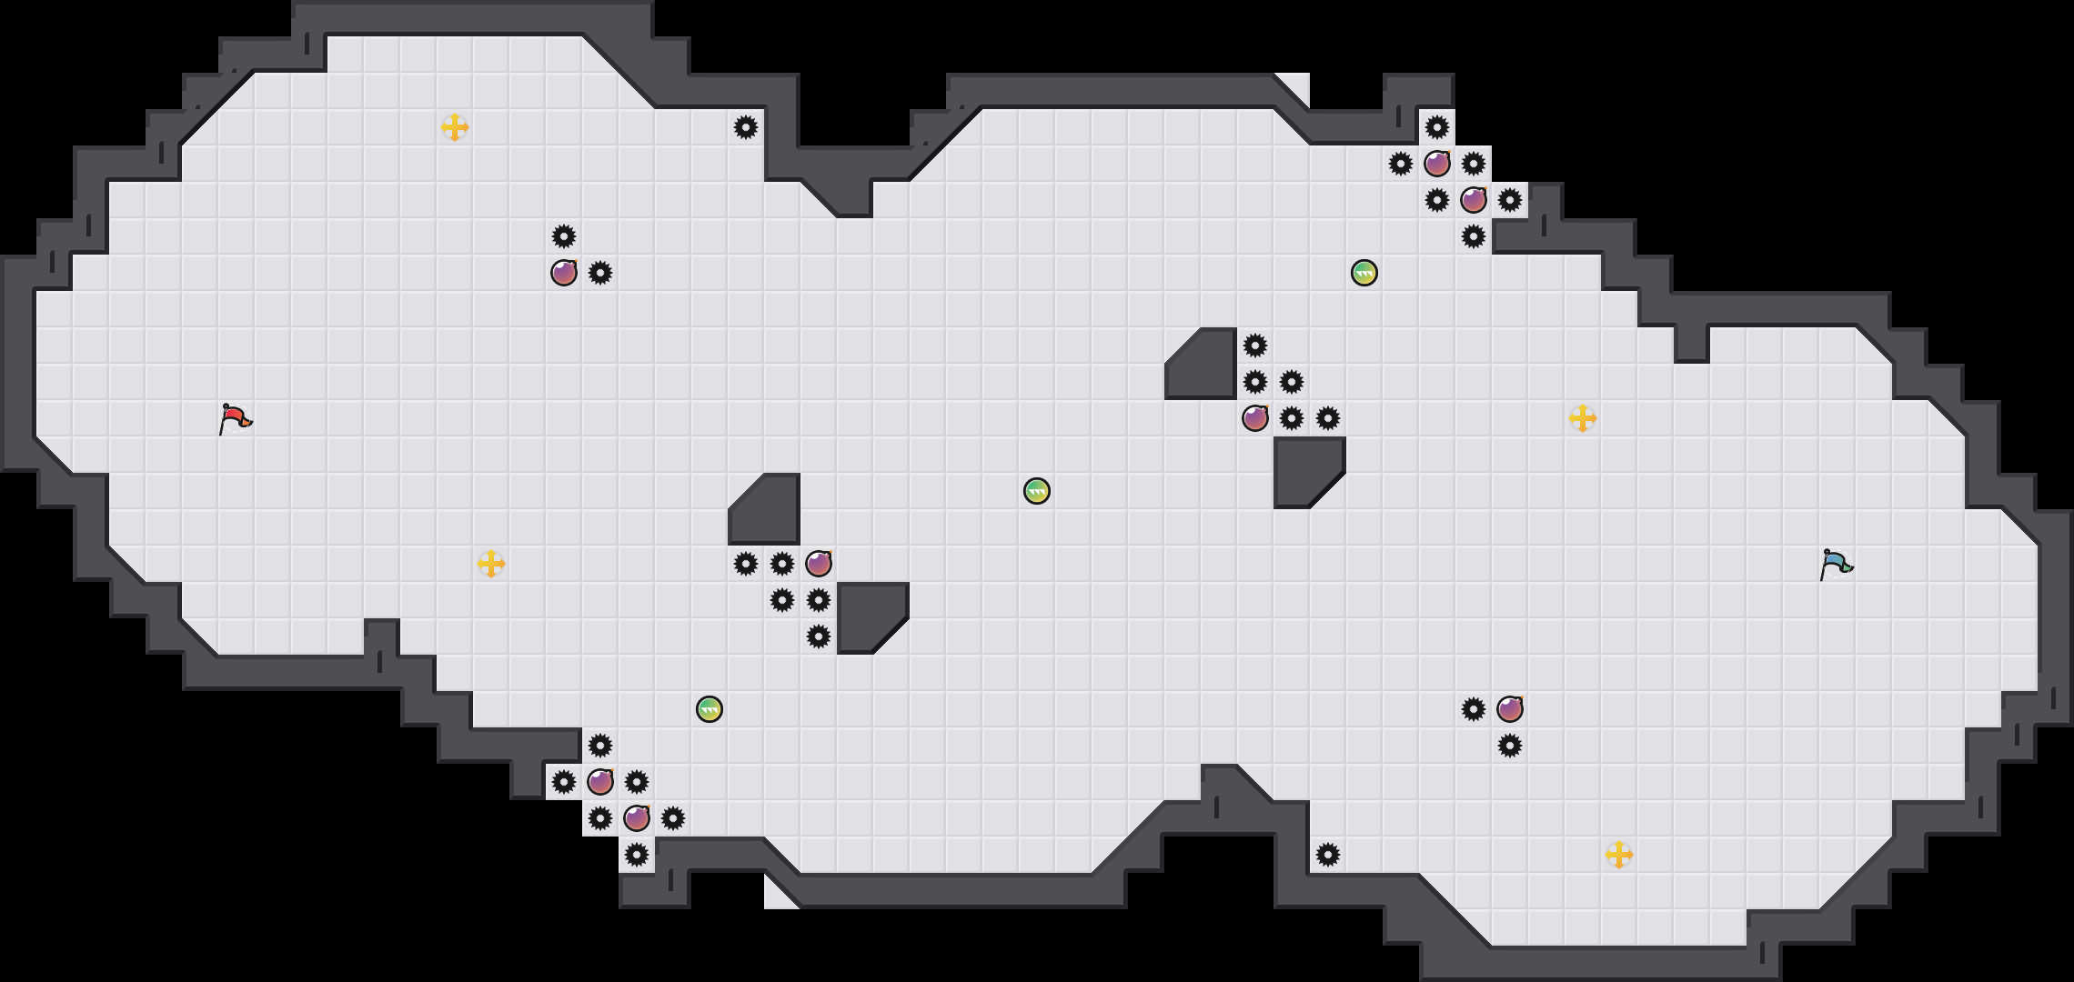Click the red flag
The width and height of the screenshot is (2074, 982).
click(235, 419)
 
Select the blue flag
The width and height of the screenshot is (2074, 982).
click(1836, 565)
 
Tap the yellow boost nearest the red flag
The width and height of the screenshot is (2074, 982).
click(491, 564)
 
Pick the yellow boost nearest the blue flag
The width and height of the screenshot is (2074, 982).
click(1583, 418)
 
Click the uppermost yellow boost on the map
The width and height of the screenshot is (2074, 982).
click(455, 127)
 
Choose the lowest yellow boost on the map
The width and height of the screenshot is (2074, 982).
click(1619, 855)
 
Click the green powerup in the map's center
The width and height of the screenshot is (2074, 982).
click(1037, 491)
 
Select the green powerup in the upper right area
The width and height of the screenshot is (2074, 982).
click(1364, 273)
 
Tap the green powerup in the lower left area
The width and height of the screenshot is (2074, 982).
click(710, 709)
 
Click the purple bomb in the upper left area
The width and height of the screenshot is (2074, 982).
click(564, 273)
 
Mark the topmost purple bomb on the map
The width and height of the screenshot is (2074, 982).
click(1437, 164)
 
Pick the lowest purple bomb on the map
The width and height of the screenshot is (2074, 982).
click(637, 818)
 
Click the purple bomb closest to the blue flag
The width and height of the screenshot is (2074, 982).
click(1510, 709)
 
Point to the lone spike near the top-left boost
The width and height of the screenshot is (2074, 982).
click(746, 127)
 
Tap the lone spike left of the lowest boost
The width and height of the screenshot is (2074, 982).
click(1328, 855)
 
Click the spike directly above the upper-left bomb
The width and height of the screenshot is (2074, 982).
click(564, 236)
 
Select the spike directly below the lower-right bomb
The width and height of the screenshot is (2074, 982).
click(1510, 746)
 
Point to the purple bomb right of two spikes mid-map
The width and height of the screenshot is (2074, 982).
click(819, 564)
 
